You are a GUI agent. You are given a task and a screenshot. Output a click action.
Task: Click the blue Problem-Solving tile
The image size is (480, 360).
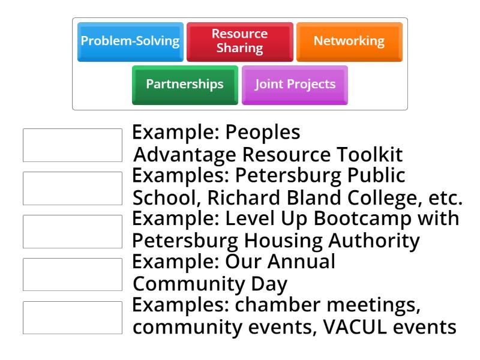point(130,41)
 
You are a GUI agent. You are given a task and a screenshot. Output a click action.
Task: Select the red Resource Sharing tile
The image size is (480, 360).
point(239,41)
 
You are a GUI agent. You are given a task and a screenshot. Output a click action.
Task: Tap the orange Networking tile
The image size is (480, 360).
point(349,41)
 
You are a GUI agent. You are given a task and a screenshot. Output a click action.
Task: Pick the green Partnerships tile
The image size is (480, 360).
point(185,84)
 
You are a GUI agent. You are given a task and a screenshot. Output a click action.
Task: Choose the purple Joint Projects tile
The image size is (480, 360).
point(295,84)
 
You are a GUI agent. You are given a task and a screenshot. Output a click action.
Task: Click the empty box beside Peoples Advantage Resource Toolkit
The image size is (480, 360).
point(72,145)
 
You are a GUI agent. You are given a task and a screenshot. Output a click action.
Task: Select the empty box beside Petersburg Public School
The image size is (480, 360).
point(72,188)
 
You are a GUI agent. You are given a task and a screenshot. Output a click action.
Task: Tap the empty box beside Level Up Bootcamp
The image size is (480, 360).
point(72,232)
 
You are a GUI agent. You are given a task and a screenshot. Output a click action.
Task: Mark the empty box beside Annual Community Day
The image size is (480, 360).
point(72,275)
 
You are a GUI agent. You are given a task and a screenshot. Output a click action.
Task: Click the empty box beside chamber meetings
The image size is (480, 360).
point(72,317)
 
